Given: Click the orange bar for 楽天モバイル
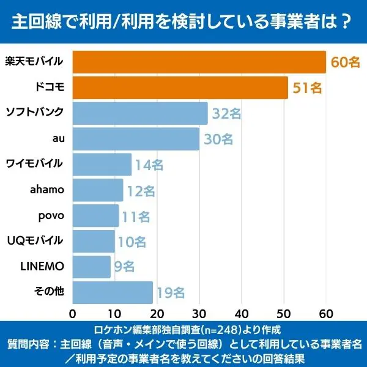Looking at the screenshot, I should pos(199,62).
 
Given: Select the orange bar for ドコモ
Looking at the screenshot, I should pos(180,87).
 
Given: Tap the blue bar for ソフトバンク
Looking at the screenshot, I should pos(140,113).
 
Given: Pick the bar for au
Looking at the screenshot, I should pos(136,139).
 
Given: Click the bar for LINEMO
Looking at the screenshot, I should pos(92,267).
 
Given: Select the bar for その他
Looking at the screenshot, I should pos(113,292).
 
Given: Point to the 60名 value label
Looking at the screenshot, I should pos(346,62).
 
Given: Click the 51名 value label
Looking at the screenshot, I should pos(307,88).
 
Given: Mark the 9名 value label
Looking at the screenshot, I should pos(124,267).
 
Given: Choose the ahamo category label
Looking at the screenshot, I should pos(47,189).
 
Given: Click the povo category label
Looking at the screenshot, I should pos(51,215).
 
